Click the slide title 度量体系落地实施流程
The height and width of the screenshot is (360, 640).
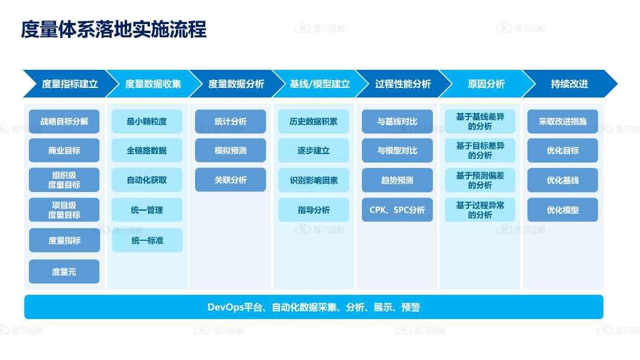[114, 29]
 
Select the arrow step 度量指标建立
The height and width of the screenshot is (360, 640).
[70, 84]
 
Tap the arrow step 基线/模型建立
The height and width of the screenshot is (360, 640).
[320, 84]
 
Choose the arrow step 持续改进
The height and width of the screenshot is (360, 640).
[569, 84]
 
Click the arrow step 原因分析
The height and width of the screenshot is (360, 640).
[486, 84]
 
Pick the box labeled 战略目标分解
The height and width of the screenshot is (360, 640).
[64, 121]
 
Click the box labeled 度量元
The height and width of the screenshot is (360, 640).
[64, 272]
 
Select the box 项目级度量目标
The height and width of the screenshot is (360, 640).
[64, 209]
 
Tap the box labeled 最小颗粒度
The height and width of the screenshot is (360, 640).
[146, 121]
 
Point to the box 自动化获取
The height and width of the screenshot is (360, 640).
[146, 180]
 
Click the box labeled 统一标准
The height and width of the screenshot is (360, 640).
[146, 240]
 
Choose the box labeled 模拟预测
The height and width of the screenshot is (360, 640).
[230, 151]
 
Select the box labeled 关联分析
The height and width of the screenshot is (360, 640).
[230, 180]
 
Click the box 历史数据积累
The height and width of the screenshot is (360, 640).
[313, 121]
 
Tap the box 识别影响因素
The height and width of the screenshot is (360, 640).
[313, 180]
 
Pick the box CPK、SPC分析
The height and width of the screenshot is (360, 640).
[397, 209]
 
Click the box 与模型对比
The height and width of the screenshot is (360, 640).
[397, 151]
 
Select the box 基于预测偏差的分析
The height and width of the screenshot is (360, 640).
[480, 180]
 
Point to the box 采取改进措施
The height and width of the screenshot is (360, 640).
[562, 121]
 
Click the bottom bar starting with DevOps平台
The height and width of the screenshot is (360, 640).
[314, 307]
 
